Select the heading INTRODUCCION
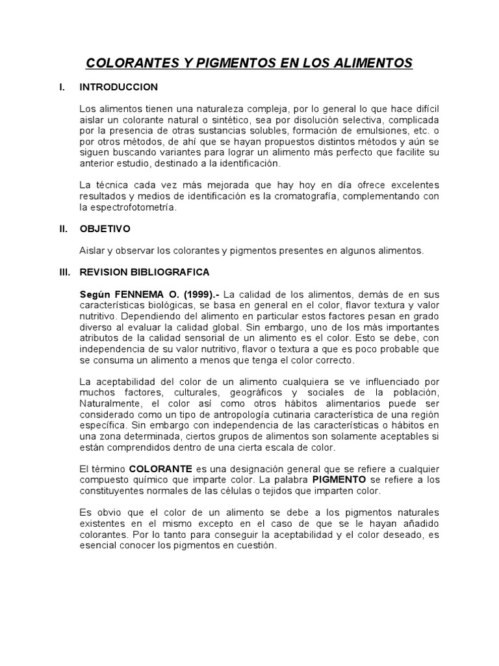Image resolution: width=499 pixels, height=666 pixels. pos(118,87)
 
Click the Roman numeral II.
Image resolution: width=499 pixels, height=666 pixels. pos(63,229)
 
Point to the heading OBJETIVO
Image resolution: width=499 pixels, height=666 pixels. pos(105,229)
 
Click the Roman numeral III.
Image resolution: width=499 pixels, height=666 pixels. pos(64,272)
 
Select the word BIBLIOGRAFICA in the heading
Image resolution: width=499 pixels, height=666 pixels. pos(173,272)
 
